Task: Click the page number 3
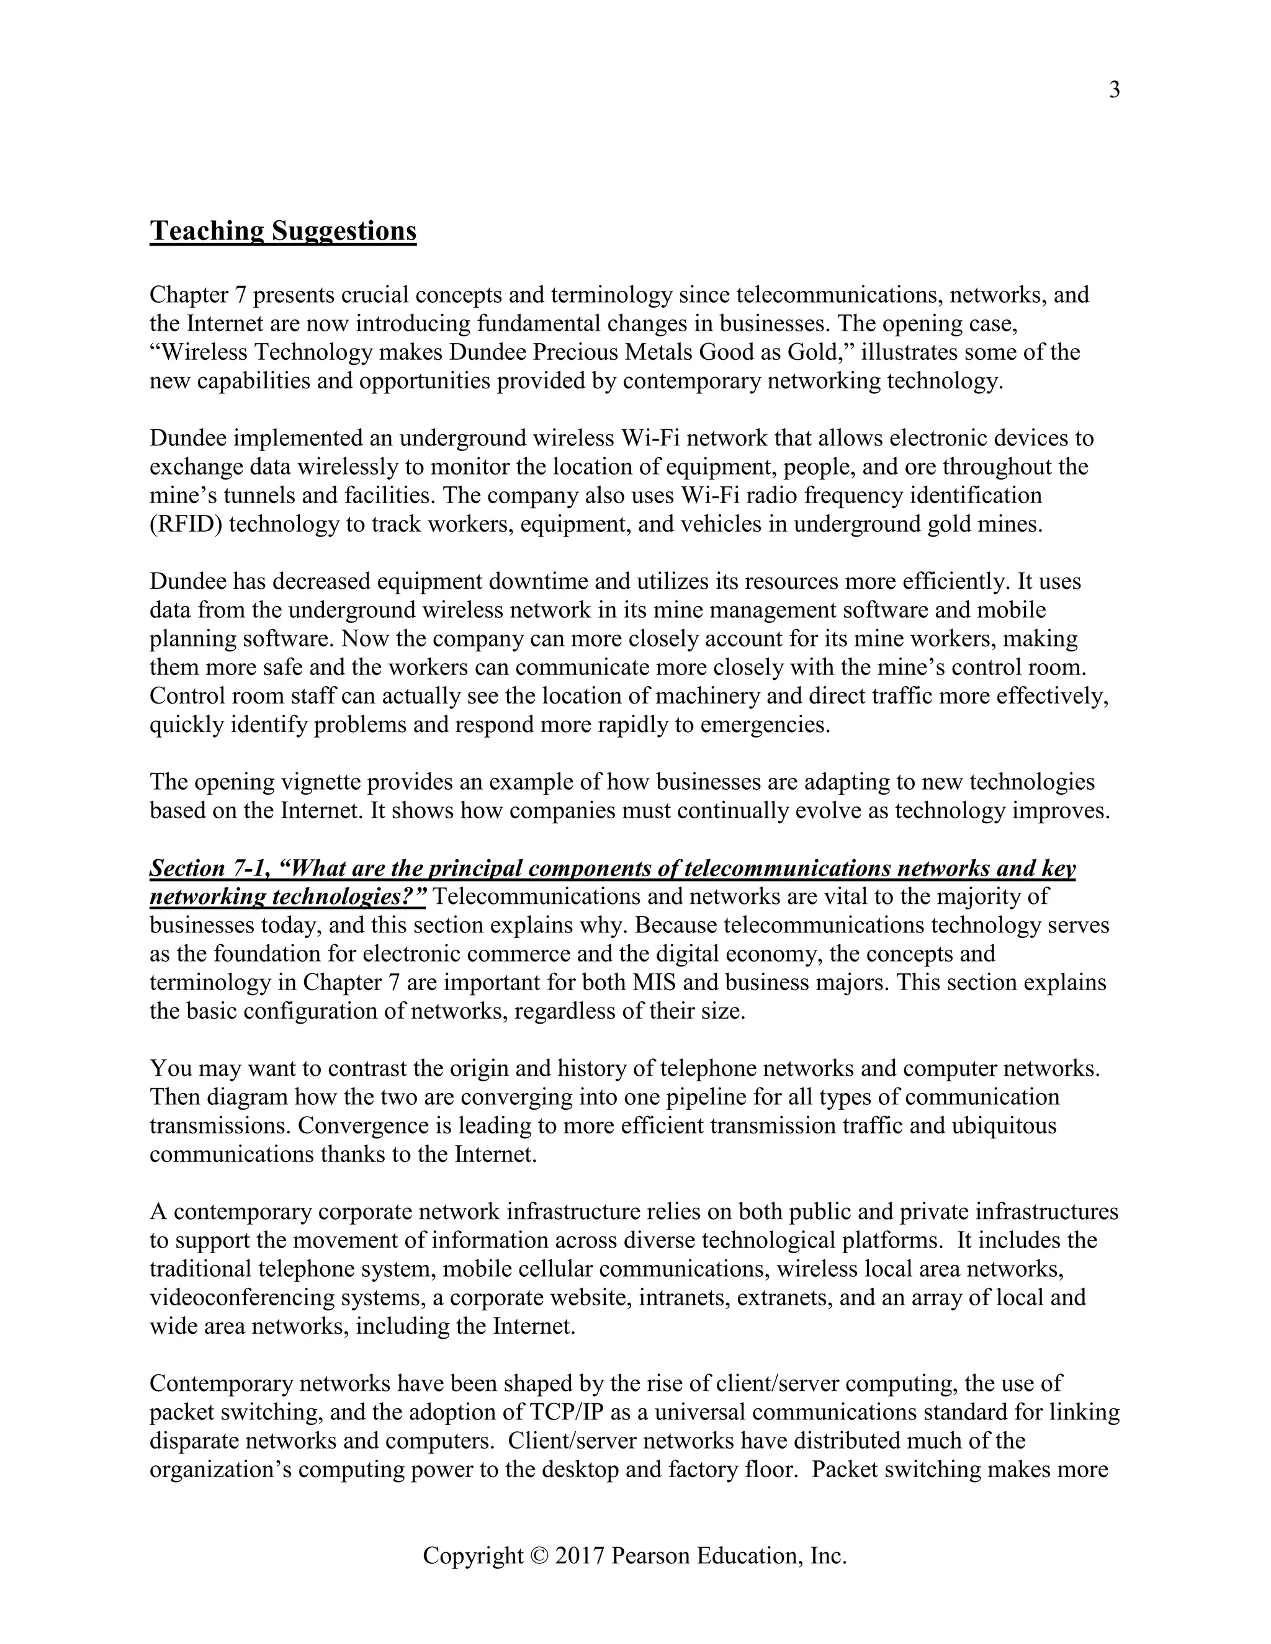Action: point(1115,91)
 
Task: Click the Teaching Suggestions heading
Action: point(282,231)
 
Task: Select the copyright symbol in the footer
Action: point(536,1555)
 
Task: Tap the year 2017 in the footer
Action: point(580,1555)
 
